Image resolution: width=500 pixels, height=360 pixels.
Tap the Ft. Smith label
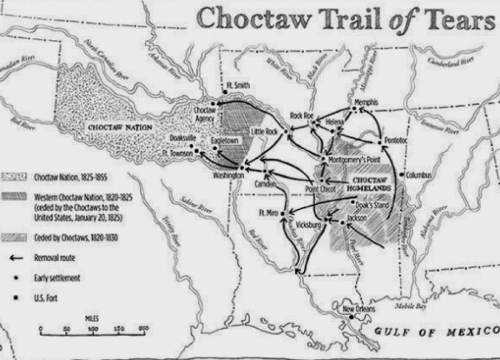[239, 85]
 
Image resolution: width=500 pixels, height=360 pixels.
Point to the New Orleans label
[358, 309]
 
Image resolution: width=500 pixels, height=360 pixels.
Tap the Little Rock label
[264, 132]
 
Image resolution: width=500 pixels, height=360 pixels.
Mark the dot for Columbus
[401, 175]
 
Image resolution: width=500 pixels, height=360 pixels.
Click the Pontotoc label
[396, 141]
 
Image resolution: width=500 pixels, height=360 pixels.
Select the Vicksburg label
[309, 225]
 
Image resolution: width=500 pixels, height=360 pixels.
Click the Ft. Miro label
[269, 213]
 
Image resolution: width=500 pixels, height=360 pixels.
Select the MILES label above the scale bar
[92, 319]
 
